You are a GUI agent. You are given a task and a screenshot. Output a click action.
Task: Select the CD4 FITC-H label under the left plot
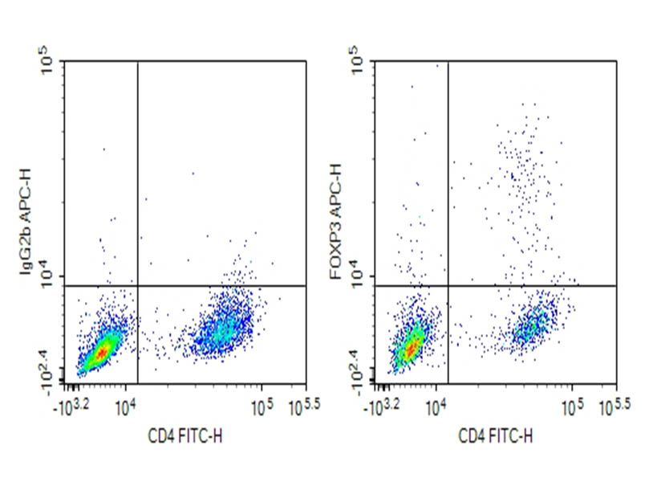tap(182, 437)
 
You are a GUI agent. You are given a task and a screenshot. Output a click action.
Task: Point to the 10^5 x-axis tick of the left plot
tap(261, 406)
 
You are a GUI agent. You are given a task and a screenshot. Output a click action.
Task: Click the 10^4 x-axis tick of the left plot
tap(126, 406)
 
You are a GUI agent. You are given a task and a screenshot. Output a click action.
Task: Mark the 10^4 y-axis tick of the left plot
tap(46, 276)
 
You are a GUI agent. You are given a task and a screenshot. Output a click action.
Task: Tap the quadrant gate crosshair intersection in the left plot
tap(138, 285)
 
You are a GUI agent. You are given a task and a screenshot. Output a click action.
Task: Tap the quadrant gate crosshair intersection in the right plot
tap(447, 285)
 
